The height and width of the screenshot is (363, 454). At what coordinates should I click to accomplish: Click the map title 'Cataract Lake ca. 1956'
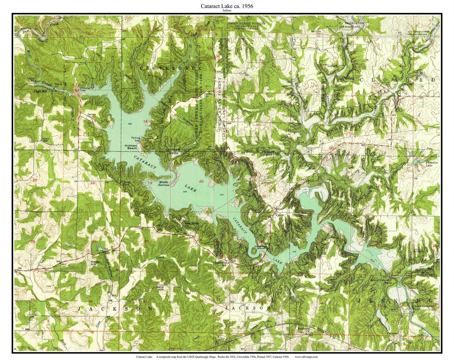(227, 6)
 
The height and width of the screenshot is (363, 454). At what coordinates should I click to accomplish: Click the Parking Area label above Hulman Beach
(135, 139)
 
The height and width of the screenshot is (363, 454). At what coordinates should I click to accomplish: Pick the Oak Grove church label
(192, 224)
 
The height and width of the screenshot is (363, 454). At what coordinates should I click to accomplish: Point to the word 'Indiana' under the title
(227, 11)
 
